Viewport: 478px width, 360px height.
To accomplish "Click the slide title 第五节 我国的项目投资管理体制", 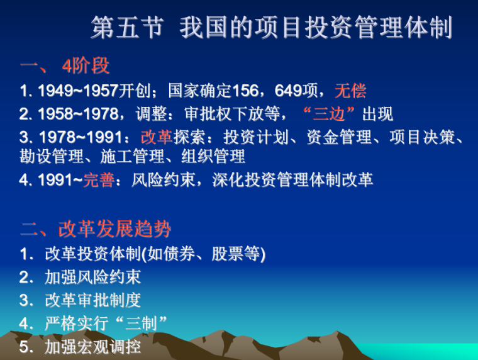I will tap(271, 28).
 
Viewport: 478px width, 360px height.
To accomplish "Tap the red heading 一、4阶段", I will tap(65, 65).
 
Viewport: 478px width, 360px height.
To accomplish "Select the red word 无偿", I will tap(350, 91).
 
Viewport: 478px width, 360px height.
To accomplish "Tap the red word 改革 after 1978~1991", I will tap(156, 137).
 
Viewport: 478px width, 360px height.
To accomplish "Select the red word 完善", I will tap(99, 180).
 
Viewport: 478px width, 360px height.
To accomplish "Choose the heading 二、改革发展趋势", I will tap(96, 228).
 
